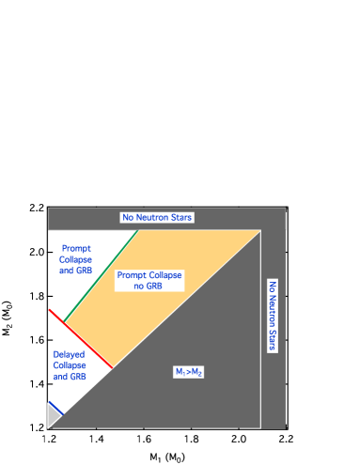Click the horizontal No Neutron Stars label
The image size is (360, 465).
pos(157,218)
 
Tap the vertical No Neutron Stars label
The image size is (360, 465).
pos(273,316)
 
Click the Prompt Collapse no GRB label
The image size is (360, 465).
pos(149,280)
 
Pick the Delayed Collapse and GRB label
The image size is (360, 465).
pos(70,364)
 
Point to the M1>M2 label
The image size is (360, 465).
pos(189,372)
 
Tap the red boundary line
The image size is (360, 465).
pos(82,338)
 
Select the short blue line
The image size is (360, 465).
pos(55,408)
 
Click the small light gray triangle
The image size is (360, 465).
pos(53,416)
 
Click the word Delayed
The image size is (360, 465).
pos(70,354)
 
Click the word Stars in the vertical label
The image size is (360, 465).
pos(273,341)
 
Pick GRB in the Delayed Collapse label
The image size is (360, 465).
pos(77,376)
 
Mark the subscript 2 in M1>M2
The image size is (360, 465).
pos(201,374)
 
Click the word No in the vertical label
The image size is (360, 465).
pos(273,286)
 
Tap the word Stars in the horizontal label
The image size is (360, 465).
pos(181,218)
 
